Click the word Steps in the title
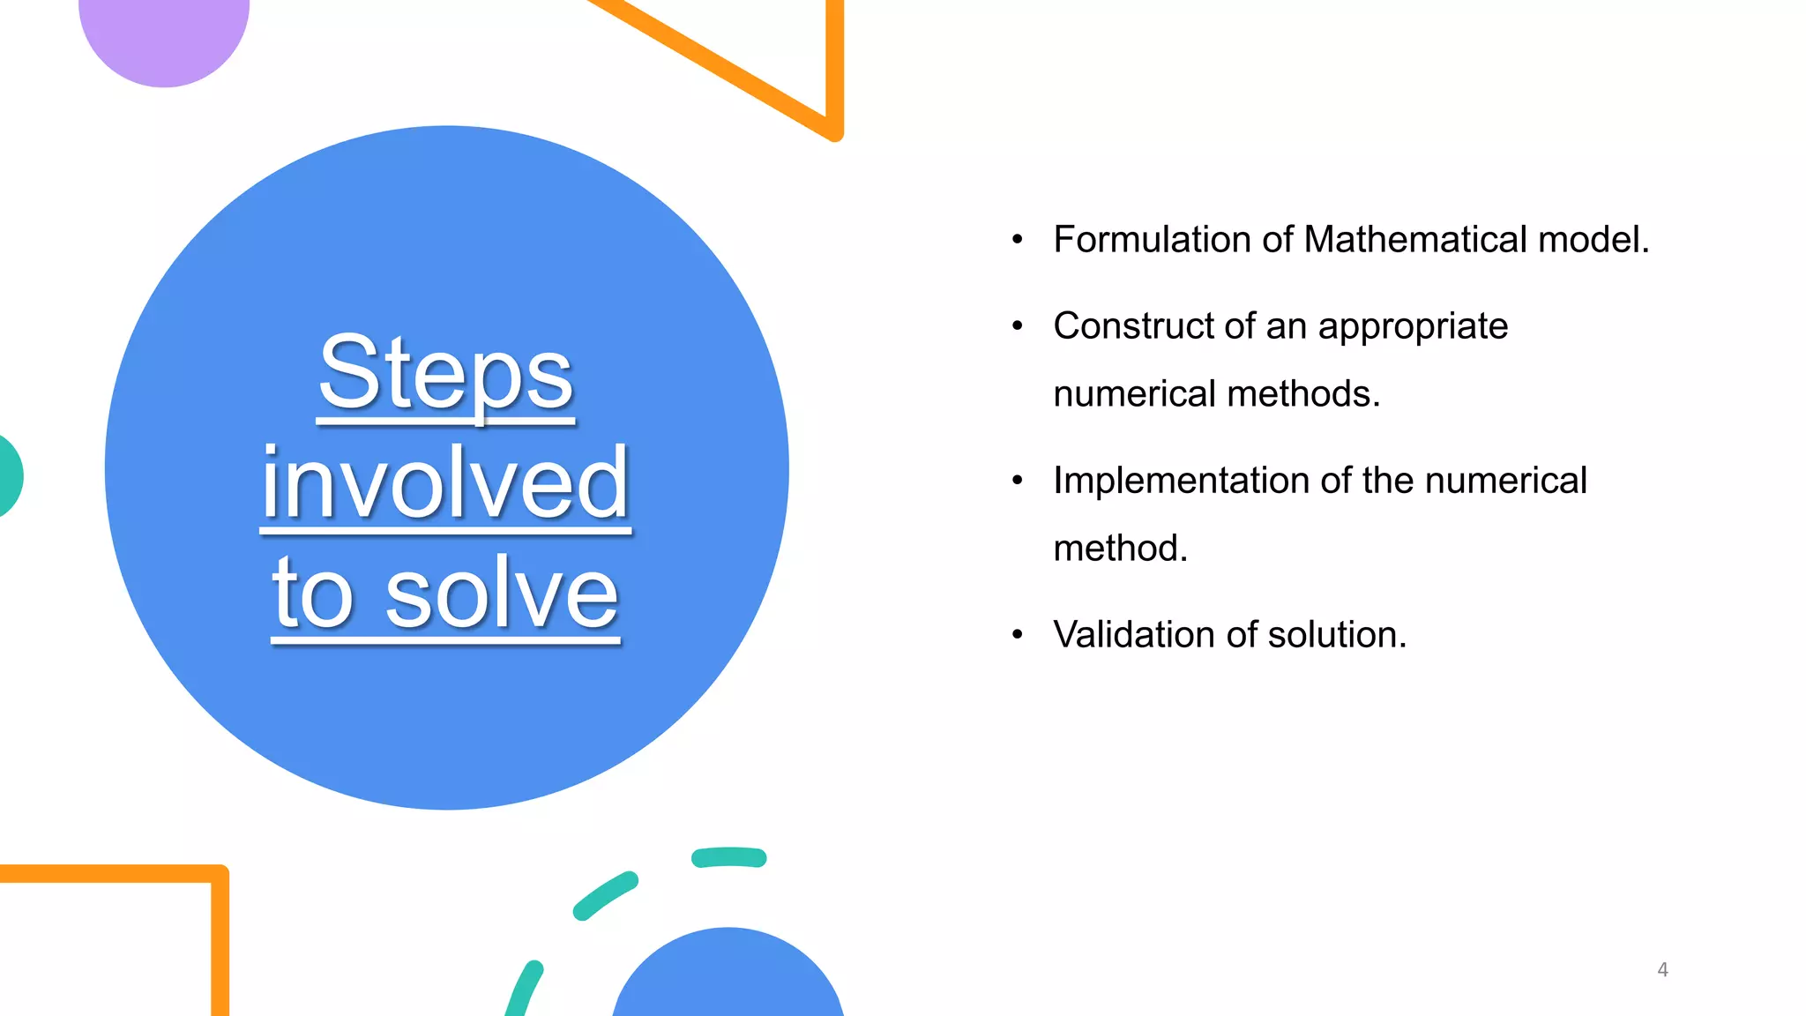tap(446, 374)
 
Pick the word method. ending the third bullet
tap(1120, 549)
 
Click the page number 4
tap(1662, 970)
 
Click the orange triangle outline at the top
tap(832, 71)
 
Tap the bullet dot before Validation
tap(1018, 634)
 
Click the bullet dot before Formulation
tap(1018, 239)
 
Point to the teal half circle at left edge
tap(9, 476)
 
